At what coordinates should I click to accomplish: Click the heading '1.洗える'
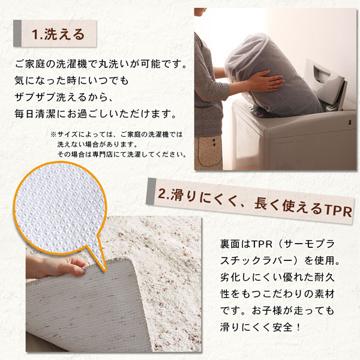58,34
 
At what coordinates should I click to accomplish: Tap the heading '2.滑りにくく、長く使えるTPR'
255,203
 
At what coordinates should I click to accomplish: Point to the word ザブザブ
35,97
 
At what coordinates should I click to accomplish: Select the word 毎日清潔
35,114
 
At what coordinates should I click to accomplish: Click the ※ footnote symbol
53,134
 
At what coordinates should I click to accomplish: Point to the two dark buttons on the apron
214,142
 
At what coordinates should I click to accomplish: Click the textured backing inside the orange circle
59,208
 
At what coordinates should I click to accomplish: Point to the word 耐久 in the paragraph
325,278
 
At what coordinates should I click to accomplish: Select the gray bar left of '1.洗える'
17,34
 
